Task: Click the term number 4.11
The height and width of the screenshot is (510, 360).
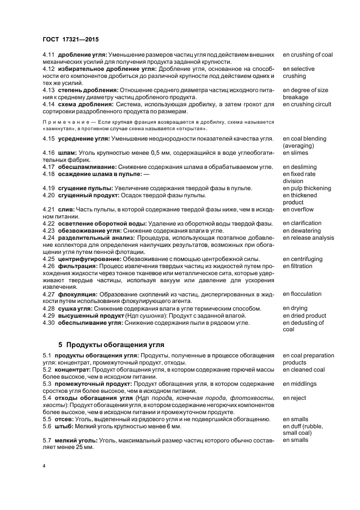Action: (49, 55)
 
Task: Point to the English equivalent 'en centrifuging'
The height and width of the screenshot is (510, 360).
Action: (303, 259)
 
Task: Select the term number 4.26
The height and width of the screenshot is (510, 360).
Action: (49, 266)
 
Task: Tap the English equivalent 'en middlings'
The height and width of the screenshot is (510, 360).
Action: (300, 384)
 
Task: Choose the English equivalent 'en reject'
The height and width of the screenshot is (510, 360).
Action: (295, 398)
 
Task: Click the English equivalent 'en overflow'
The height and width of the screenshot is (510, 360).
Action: (298, 209)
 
